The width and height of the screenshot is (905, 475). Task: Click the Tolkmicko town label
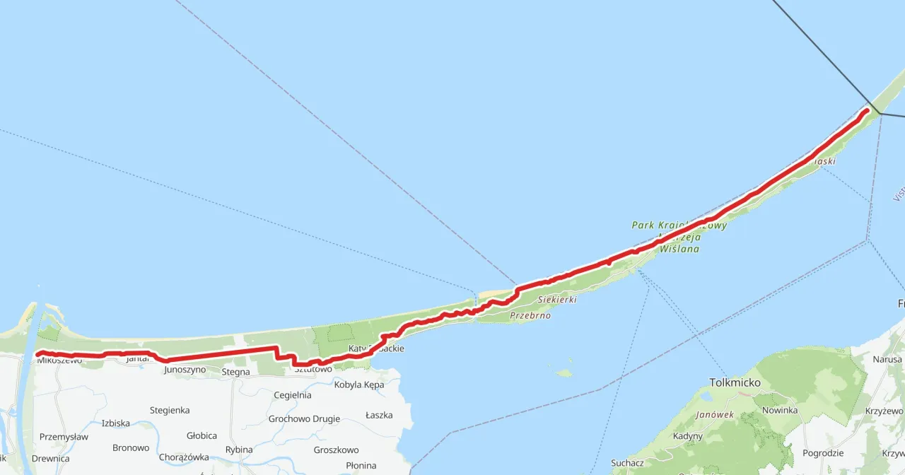click(735, 382)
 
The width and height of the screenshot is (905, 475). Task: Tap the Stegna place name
click(235, 372)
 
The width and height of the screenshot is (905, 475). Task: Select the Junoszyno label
click(185, 370)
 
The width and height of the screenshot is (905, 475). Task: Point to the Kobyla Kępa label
click(358, 385)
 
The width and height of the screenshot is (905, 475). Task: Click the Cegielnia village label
click(292, 395)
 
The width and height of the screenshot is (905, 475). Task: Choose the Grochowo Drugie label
click(304, 418)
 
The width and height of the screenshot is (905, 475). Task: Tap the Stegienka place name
click(170, 410)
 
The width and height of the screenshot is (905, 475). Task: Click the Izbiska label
click(116, 423)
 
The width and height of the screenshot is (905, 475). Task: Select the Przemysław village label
click(64, 437)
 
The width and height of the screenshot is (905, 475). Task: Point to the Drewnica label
click(50, 458)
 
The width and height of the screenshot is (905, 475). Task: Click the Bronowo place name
click(131, 447)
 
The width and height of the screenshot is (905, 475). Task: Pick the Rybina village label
click(239, 450)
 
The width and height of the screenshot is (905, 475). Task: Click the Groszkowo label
click(336, 450)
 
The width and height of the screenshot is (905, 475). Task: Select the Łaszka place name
click(379, 415)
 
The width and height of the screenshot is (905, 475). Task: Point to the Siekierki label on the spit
click(557, 300)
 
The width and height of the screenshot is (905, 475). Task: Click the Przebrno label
click(530, 316)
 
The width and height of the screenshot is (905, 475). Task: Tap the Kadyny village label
click(688, 436)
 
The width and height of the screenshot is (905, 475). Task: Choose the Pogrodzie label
click(823, 452)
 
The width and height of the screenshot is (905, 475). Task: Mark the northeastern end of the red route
click(866, 110)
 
